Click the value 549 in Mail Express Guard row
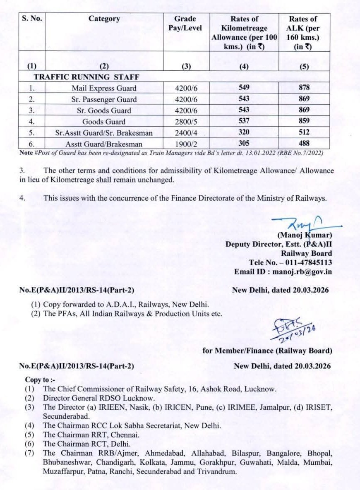click(x=244, y=88)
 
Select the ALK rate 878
click(x=304, y=88)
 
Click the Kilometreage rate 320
click(x=244, y=133)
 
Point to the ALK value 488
click(x=304, y=144)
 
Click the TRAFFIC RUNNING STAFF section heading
click(x=86, y=77)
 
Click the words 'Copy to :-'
click(x=40, y=380)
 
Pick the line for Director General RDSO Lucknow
click(x=99, y=399)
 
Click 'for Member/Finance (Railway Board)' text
click(x=267, y=351)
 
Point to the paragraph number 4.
click(x=22, y=198)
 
